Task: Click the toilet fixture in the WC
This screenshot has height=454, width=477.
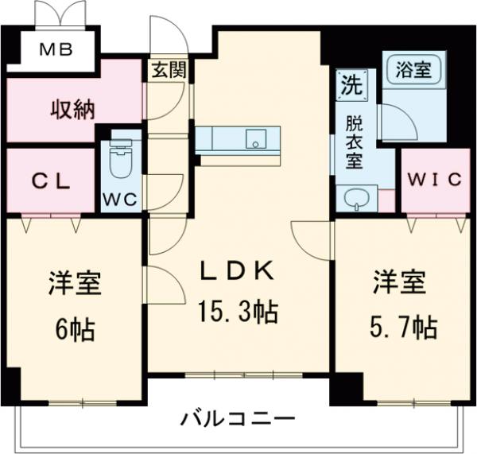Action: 120,161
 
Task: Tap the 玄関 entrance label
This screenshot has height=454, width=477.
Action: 169,70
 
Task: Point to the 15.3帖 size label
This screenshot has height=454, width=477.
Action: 238,312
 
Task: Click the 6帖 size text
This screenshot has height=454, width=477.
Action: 76,328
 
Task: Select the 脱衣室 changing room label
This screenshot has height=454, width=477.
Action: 352,143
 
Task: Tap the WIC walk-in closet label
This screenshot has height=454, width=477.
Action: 435,180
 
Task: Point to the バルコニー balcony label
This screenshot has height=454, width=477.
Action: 238,417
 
